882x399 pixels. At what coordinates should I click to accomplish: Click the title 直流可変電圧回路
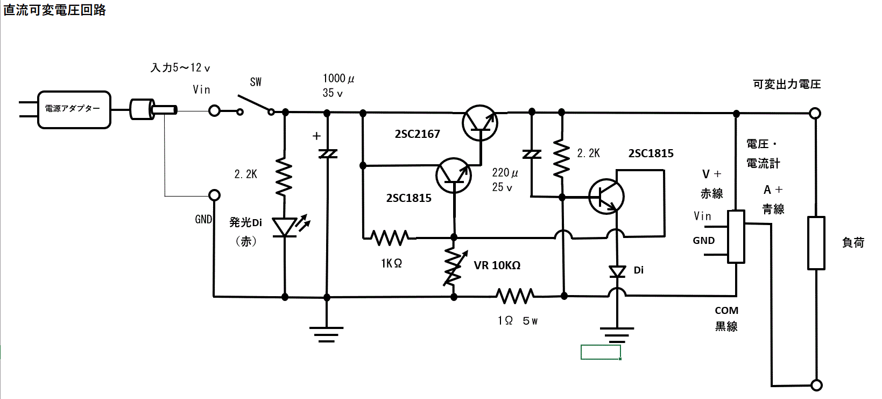55,10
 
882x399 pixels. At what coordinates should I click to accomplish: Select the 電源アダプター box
74,109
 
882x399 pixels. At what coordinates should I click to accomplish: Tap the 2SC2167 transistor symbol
480,123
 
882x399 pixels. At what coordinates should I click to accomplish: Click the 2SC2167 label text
417,134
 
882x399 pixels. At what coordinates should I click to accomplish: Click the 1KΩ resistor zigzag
390,237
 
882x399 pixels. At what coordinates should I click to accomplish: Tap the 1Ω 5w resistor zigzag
515,296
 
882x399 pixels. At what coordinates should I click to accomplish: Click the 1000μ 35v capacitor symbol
327,154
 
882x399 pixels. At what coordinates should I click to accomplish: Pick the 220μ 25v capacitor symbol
532,155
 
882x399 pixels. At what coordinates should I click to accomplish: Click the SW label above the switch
256,82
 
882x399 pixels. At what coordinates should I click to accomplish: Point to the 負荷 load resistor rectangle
816,243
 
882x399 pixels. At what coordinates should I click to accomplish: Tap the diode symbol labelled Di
617,272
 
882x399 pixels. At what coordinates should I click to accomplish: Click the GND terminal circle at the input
214,195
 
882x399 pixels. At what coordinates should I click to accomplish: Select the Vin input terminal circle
214,111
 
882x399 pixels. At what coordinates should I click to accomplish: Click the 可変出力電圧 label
786,84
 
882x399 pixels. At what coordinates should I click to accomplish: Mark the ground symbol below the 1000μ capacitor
327,334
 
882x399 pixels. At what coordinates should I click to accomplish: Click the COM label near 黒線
726,311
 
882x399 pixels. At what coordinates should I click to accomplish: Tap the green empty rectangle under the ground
601,352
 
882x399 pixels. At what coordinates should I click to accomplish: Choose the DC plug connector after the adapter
152,109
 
